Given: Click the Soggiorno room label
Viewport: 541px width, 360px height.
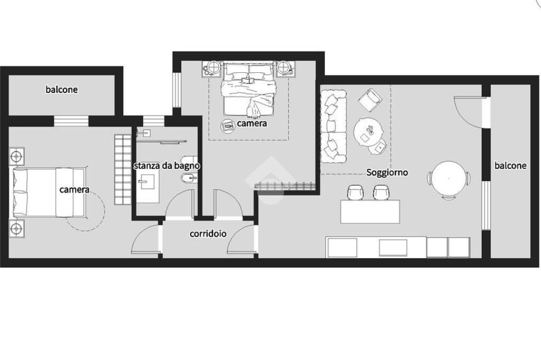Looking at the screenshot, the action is (387, 173).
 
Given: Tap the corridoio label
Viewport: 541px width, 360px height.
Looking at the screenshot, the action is (208, 234).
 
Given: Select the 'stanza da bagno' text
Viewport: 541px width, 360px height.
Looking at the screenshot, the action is (166, 166).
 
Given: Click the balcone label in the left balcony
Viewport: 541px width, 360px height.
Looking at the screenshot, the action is (61, 90).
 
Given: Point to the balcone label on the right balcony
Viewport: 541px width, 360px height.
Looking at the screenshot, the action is (510, 166).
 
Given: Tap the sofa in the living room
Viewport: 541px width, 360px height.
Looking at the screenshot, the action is (333, 126).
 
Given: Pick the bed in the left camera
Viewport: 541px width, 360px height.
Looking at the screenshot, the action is (49, 193).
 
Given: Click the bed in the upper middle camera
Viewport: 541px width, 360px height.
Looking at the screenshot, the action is (249, 89).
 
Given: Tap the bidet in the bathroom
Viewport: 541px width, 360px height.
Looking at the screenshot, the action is (189, 178).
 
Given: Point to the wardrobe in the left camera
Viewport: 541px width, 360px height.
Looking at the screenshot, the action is (123, 169).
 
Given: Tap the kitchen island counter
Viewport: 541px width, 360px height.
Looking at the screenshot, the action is (370, 212).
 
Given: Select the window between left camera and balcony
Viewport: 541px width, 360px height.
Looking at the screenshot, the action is (71, 121).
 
